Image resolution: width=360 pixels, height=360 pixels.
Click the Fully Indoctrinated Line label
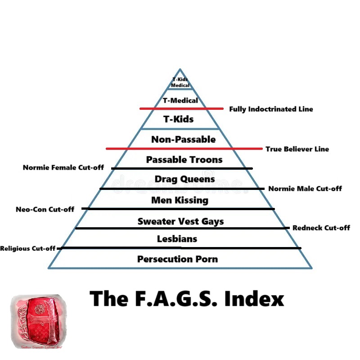click(x=271, y=109)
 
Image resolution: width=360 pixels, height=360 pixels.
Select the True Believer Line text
click(x=297, y=149)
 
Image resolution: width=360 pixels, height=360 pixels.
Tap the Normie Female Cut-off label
click(x=63, y=168)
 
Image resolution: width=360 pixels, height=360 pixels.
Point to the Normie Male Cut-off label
click(x=305, y=189)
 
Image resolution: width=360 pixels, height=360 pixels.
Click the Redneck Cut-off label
click(x=321, y=228)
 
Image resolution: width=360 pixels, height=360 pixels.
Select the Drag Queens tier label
click(x=184, y=179)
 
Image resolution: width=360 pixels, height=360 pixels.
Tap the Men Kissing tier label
click(x=180, y=200)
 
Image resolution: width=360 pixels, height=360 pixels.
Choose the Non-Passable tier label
click(x=183, y=139)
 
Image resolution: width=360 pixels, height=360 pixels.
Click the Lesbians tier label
click(x=177, y=238)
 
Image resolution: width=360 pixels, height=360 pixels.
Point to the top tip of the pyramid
click(x=180, y=69)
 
